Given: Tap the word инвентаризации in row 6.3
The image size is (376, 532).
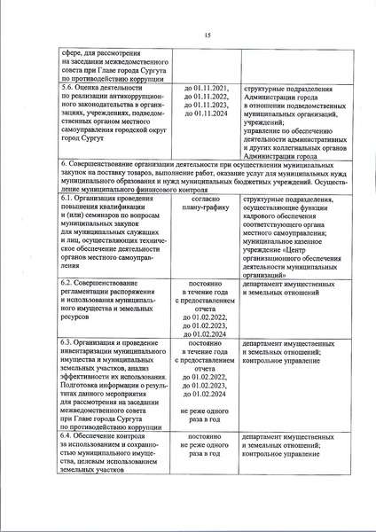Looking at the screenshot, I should [x=90, y=352].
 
